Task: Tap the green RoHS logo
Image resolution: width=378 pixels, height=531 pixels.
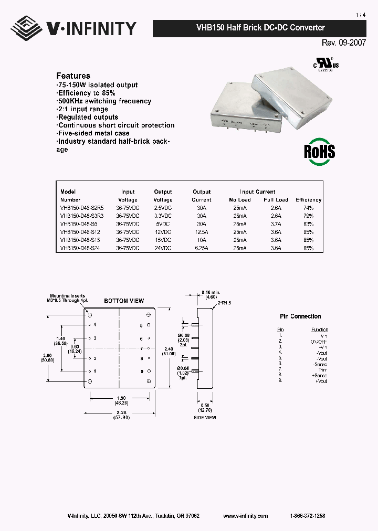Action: pos(320,152)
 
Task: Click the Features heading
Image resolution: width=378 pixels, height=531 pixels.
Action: pos(73,76)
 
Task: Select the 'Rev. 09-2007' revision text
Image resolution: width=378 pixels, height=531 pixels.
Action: pos(344,43)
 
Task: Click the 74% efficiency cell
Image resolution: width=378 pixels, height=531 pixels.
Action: pos(308,208)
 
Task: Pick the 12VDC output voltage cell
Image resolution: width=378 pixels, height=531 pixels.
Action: pos(163,231)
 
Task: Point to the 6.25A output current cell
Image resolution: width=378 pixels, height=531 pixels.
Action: pos(201,248)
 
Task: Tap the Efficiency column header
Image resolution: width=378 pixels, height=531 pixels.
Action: pos(308,200)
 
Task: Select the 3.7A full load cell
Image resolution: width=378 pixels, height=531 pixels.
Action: pos(276,224)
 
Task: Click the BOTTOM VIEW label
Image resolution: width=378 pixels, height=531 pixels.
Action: pos(124,301)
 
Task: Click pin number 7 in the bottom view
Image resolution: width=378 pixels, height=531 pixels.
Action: pos(142,348)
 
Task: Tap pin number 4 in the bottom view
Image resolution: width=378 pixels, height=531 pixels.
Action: pos(95,325)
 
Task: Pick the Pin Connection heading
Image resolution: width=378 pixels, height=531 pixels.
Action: pos(300,316)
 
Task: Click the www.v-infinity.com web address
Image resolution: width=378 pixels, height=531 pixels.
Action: pos(245,516)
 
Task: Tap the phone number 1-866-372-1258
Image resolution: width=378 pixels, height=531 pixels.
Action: pos(307,516)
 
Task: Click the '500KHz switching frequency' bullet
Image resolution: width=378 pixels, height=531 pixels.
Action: pos(104,101)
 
